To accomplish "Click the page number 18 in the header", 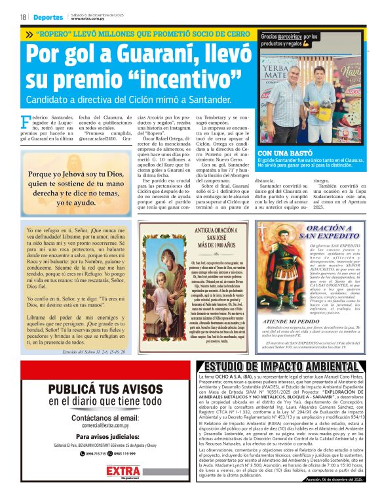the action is pyautogui.click(x=22, y=17).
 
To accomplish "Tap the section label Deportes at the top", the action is pyautogui.click(x=49, y=17).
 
